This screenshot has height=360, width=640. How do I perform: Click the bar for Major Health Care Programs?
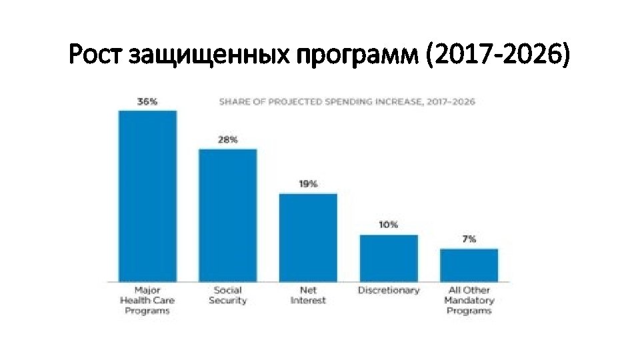147,195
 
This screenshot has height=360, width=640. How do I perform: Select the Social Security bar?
227,215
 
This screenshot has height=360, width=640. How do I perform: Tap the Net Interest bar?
308,237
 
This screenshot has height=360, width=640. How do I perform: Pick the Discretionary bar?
389,257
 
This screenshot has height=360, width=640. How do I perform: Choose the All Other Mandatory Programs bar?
469,265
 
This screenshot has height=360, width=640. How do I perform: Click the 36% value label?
147,102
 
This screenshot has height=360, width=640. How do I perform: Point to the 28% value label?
227,140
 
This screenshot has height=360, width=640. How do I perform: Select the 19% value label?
308,184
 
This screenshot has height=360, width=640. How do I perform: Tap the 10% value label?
389,225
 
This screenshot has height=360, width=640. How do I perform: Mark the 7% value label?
469,239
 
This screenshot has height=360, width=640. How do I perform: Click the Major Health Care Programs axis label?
147,300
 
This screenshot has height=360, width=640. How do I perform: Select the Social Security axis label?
227,295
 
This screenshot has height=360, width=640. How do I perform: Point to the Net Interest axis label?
308,295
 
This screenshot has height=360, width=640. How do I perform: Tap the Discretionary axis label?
389,290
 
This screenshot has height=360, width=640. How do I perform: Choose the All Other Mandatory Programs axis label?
469,300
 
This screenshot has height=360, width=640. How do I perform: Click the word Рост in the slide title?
97,55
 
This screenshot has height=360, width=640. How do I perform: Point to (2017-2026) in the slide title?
497,55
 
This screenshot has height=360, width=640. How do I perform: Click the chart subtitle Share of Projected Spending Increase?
347,102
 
